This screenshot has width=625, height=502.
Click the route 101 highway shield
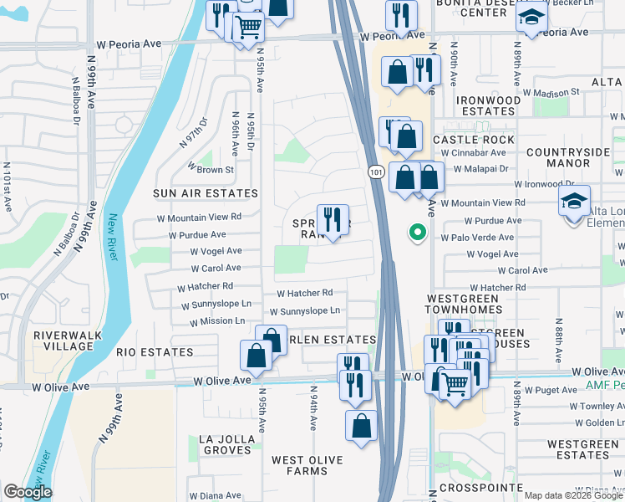point(375,171)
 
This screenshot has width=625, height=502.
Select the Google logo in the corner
point(28,492)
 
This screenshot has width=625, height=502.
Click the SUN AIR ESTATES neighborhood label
point(206,193)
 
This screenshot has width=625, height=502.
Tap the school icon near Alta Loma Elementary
point(575,201)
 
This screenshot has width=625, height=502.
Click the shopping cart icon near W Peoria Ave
point(248,27)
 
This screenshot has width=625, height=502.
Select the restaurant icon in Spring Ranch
point(333,219)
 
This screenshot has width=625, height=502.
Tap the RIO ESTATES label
point(155,352)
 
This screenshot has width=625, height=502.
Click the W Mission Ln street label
point(217,320)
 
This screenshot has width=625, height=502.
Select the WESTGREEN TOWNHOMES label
point(465,304)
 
